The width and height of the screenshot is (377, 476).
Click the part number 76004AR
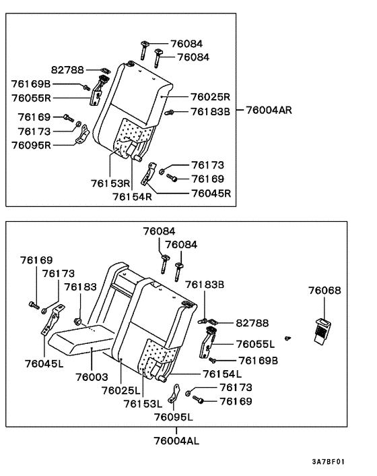click(271, 109)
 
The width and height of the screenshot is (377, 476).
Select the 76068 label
click(324, 291)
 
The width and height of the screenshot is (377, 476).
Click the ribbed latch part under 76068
click(324, 331)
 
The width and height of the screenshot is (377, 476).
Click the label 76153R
click(111, 183)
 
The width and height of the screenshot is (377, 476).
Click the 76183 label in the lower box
click(80, 287)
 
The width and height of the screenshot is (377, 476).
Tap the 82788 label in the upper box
click(67, 69)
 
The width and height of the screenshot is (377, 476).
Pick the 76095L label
click(173, 417)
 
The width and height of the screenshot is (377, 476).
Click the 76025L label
click(121, 390)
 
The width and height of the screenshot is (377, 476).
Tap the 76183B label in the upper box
click(210, 111)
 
